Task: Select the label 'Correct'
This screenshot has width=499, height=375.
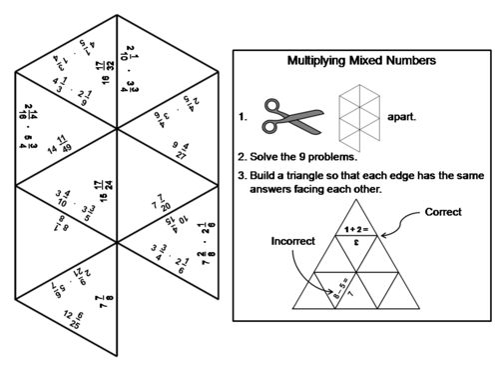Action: click(x=443, y=213)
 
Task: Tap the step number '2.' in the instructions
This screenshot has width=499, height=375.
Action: click(x=243, y=157)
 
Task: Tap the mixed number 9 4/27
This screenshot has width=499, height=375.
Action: click(x=180, y=150)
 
